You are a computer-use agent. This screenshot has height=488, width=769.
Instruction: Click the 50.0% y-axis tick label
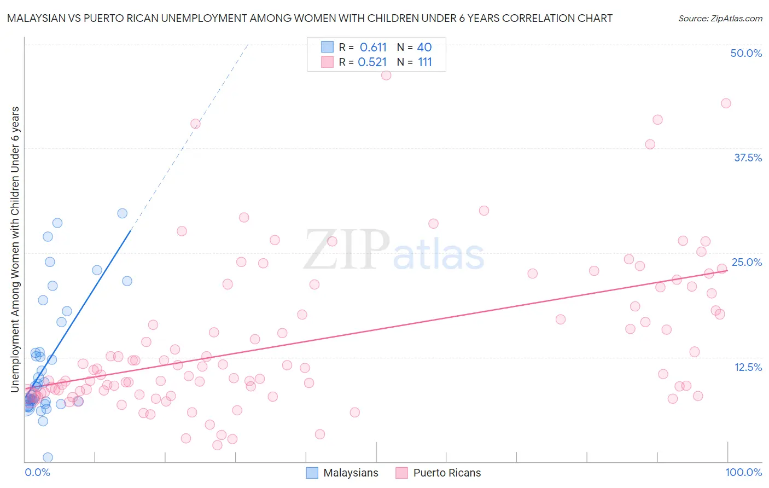click(746, 53)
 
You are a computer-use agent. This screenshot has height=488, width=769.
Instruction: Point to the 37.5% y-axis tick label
click(748, 158)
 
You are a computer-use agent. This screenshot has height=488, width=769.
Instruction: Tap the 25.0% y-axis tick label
click(747, 262)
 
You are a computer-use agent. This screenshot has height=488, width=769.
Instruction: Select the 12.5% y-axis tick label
click(748, 367)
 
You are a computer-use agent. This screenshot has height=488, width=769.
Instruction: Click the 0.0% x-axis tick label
click(37, 473)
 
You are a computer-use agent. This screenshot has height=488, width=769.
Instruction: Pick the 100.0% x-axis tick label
click(743, 473)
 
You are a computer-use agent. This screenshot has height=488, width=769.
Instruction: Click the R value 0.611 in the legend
click(373, 47)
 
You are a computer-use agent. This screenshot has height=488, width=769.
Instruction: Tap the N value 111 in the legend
click(425, 62)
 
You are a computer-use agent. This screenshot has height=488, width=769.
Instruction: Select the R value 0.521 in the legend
click(372, 62)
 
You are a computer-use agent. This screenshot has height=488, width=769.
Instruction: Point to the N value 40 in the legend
click(424, 47)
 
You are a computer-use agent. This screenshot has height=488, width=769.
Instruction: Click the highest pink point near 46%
click(386, 75)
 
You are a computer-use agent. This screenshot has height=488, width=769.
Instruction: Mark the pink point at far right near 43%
click(726, 103)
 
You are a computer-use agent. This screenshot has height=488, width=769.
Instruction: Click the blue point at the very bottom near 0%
click(48, 457)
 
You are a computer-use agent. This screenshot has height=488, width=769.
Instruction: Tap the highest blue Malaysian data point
click(123, 213)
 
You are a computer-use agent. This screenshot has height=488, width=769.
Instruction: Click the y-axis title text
click(15, 249)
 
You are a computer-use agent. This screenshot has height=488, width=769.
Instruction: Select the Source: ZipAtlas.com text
click(720, 19)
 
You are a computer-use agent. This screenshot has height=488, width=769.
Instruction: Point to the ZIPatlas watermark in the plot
click(394, 251)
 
